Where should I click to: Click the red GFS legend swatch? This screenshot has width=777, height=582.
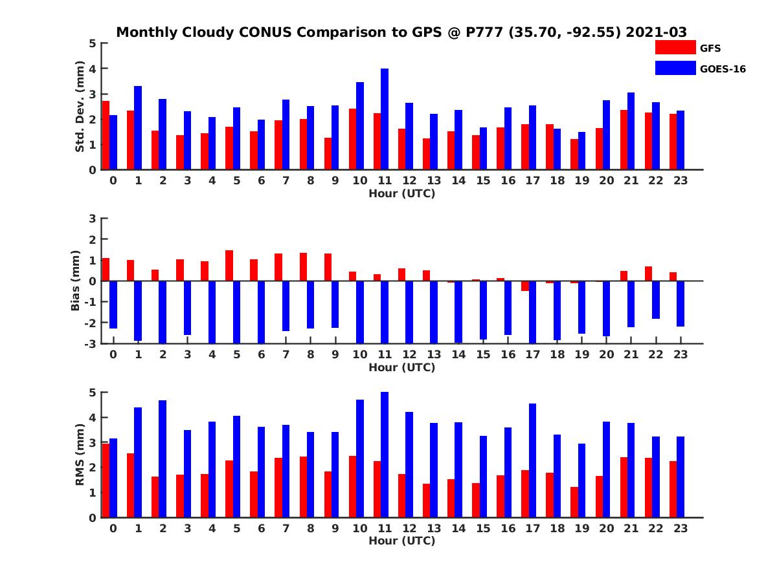click(x=675, y=47)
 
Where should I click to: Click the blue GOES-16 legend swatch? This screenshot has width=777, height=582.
click(x=675, y=68)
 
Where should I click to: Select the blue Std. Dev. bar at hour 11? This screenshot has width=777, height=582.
click(x=385, y=119)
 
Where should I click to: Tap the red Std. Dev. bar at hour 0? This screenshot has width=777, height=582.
click(x=106, y=135)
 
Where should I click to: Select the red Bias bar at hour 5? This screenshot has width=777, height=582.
click(x=229, y=266)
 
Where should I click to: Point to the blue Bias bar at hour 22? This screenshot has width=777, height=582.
click(x=656, y=300)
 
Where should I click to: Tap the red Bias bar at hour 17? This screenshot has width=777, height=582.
click(x=525, y=286)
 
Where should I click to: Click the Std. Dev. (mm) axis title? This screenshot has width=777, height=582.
click(x=80, y=107)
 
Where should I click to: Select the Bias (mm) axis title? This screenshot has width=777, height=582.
click(x=76, y=281)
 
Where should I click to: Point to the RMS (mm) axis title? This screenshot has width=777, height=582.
click(x=80, y=455)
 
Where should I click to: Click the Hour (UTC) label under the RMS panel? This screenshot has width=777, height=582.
click(x=401, y=541)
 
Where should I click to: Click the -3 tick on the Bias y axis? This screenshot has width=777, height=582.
click(x=91, y=343)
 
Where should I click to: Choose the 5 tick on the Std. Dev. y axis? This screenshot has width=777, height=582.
click(x=93, y=43)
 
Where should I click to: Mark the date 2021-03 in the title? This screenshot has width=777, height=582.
click(x=657, y=32)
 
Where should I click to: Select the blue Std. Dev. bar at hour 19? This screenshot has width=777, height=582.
click(x=582, y=151)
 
